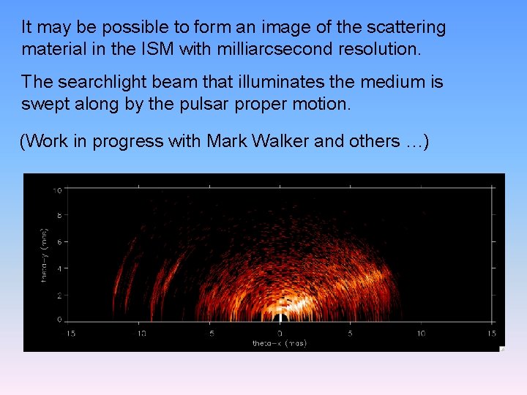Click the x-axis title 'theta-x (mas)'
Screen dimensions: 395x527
point(280,343)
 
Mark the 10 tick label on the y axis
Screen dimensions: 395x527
point(56,190)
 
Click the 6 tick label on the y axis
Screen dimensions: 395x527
point(58,241)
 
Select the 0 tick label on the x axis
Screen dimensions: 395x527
point(281,334)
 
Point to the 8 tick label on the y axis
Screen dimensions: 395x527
point(58,216)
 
